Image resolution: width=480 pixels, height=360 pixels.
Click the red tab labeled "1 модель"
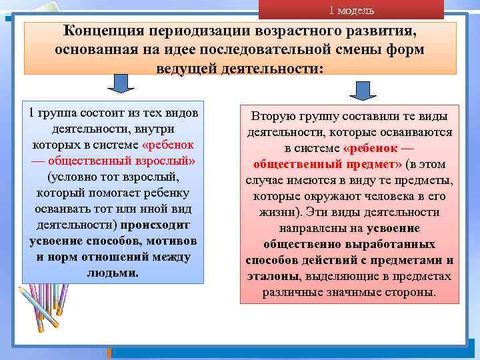pos(351,10)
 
